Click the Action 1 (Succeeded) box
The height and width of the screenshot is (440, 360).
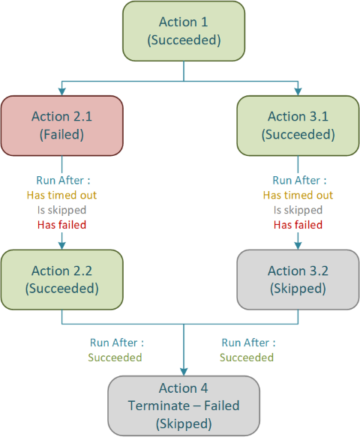point(184,31)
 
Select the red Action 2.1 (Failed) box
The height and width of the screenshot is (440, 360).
point(61,125)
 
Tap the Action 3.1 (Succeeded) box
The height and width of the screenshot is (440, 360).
point(298,125)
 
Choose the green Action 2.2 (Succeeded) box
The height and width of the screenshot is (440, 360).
point(61,279)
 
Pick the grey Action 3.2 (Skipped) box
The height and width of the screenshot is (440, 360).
point(298,279)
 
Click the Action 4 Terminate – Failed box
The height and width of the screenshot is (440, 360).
point(184,406)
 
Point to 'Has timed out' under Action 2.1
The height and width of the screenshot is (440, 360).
point(61,195)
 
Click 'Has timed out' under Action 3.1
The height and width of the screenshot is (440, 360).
point(298,195)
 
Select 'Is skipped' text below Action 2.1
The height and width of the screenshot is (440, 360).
point(61,210)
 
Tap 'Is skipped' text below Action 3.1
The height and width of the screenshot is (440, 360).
point(298,210)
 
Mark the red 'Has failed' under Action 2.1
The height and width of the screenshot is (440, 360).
point(61,225)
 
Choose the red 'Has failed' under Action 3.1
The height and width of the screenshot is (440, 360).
point(298,225)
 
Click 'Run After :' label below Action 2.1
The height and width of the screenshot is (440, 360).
point(61,180)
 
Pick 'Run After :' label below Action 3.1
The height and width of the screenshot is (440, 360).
point(298,180)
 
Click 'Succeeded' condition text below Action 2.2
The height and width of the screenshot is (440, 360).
point(115,358)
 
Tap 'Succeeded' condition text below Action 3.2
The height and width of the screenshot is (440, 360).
point(247,358)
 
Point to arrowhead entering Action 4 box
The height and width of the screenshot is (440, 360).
point(184,371)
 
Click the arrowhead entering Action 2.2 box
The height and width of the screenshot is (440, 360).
point(61,244)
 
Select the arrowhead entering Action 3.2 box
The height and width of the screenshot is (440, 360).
point(298,244)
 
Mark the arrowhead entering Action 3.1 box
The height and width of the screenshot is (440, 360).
point(298,91)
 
